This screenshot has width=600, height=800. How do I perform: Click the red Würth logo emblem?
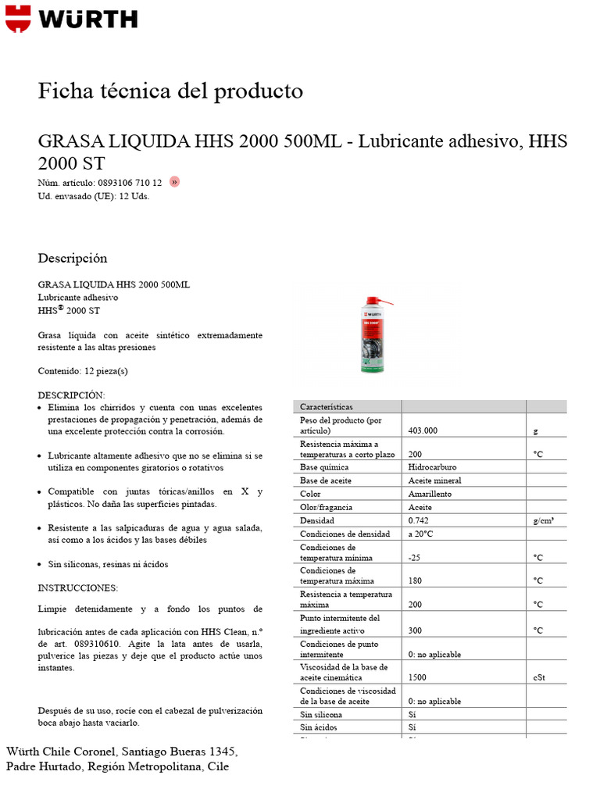tap(19, 19)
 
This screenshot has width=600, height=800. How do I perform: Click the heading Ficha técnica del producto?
tap(170, 91)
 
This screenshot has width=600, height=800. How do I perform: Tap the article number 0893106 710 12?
tap(129, 183)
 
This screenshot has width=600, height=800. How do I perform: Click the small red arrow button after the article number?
tap(174, 182)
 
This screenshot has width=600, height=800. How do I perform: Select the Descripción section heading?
tap(73, 259)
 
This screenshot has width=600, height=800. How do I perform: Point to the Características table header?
tap(327, 407)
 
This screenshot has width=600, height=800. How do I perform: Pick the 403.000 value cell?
tap(423, 430)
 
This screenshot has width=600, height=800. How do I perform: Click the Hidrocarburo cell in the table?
tap(432, 467)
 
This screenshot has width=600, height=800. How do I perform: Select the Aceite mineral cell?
tap(434, 480)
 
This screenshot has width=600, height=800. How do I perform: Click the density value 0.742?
tap(419, 520)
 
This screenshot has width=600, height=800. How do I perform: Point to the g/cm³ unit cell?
tap(544, 520)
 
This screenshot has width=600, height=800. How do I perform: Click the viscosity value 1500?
tap(418, 678)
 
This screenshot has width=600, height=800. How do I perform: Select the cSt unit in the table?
tap(539, 678)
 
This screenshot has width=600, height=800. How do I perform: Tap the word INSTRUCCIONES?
tap(78, 587)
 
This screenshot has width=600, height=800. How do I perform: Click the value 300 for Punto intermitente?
tap(416, 630)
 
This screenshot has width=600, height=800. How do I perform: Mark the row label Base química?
tap(326, 467)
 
